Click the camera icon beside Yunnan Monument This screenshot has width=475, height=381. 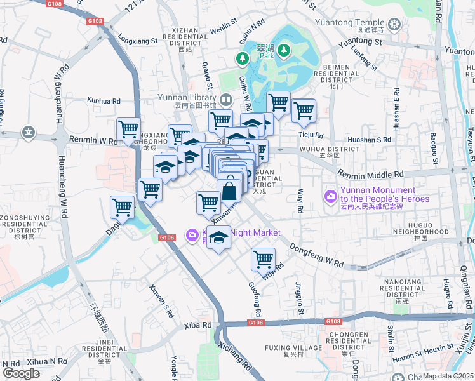click(330, 195)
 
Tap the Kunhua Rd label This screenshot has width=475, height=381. click(104, 101)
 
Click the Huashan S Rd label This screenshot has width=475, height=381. click(369, 139)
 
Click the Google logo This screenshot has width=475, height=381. click(21, 373)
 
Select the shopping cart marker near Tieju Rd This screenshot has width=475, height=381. click(304, 110)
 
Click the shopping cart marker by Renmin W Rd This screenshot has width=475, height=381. click(129, 128)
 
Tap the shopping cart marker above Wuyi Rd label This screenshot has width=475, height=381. click(263, 258)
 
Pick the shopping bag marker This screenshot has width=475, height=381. click(229, 189)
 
